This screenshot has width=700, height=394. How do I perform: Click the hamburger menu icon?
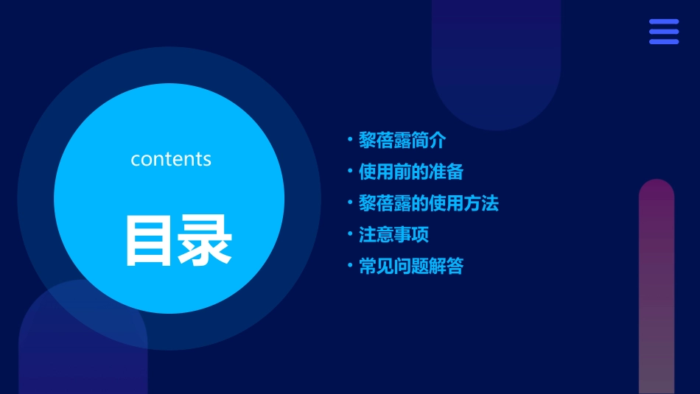(x=663, y=32)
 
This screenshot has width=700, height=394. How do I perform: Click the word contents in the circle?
(x=171, y=159)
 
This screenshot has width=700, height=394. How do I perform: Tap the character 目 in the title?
(x=150, y=240)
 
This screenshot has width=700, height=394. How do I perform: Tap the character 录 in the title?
(x=206, y=240)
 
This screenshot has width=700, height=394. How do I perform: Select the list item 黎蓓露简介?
(x=402, y=140)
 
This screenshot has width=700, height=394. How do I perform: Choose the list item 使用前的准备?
(x=410, y=172)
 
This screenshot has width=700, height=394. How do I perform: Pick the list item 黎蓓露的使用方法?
(x=429, y=203)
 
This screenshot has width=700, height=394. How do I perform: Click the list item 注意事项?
(x=393, y=235)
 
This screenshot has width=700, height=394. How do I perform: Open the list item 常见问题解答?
(x=410, y=267)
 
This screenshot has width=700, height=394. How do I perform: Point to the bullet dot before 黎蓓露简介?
(x=350, y=140)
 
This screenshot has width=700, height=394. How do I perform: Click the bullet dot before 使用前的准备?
(x=350, y=172)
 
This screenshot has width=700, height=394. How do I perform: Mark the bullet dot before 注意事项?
(x=350, y=235)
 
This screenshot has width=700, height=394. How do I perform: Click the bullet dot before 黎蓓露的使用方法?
(x=350, y=203)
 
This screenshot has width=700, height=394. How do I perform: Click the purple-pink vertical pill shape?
(x=656, y=287)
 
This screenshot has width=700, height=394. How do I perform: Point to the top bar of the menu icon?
(x=663, y=22)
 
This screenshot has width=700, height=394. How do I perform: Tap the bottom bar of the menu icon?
(x=663, y=41)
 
